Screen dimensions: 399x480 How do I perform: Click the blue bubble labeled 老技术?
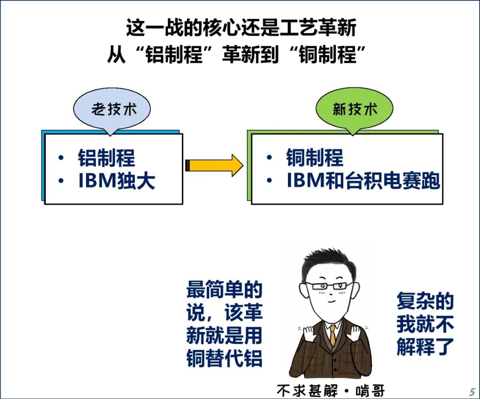[x=112, y=109]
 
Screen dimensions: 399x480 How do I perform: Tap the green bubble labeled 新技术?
[x=354, y=109]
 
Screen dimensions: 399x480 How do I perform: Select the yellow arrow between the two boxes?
[x=214, y=165]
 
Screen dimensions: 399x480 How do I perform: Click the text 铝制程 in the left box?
[x=107, y=158]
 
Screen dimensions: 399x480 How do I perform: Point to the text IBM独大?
[x=117, y=181]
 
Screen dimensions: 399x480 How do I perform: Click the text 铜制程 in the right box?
[x=315, y=158]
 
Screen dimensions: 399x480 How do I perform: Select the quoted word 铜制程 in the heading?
[x=328, y=56]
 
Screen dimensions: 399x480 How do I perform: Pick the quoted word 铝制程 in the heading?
[x=175, y=56]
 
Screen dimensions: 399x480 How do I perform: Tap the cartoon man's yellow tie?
[x=332, y=336]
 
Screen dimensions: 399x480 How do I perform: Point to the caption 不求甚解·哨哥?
[x=330, y=391]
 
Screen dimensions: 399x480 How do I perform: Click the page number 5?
[x=472, y=392]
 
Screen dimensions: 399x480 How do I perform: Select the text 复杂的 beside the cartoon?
[x=425, y=301]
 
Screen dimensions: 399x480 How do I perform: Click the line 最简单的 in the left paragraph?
[x=224, y=290]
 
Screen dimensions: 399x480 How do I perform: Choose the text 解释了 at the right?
[x=425, y=347]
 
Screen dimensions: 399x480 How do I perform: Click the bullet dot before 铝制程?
[x=61, y=158]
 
